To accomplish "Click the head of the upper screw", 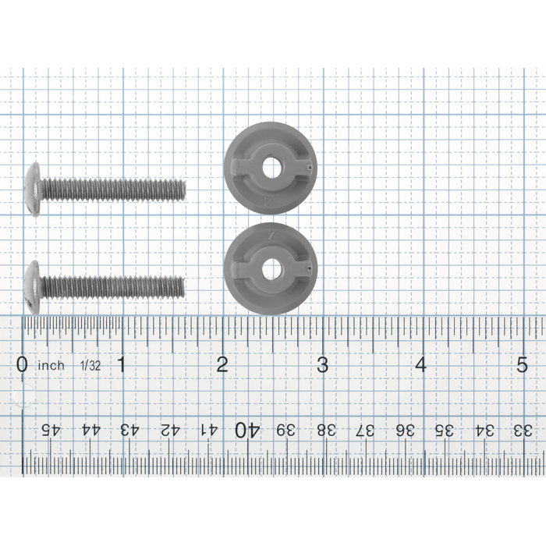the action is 34,190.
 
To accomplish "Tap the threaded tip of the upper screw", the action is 183,190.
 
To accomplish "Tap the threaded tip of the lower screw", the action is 181,286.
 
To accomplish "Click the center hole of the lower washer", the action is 271,269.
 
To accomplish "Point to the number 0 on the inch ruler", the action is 22,364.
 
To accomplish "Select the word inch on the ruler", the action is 51,366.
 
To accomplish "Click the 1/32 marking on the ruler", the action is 90,366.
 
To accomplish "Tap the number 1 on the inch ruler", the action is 121,364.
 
